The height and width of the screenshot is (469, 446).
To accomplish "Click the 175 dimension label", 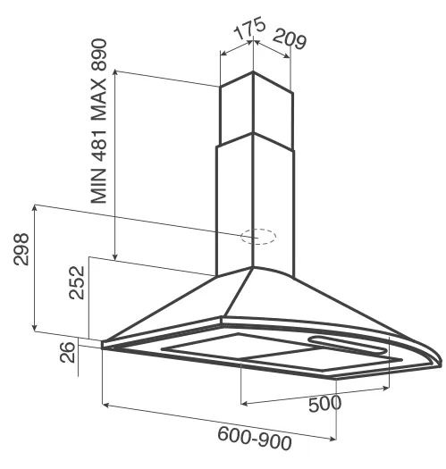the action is [x=249, y=29].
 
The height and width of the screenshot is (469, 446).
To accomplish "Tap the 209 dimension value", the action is [x=290, y=39].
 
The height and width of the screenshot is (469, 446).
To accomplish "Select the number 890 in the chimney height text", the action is [x=99, y=54].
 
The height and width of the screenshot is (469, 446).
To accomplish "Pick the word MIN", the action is [x=99, y=186].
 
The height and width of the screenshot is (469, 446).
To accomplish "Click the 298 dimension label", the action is [x=21, y=249].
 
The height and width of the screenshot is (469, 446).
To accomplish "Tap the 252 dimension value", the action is [x=77, y=282].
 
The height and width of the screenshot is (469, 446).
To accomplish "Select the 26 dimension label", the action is [x=67, y=352].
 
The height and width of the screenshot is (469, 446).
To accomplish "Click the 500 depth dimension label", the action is [x=324, y=404].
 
